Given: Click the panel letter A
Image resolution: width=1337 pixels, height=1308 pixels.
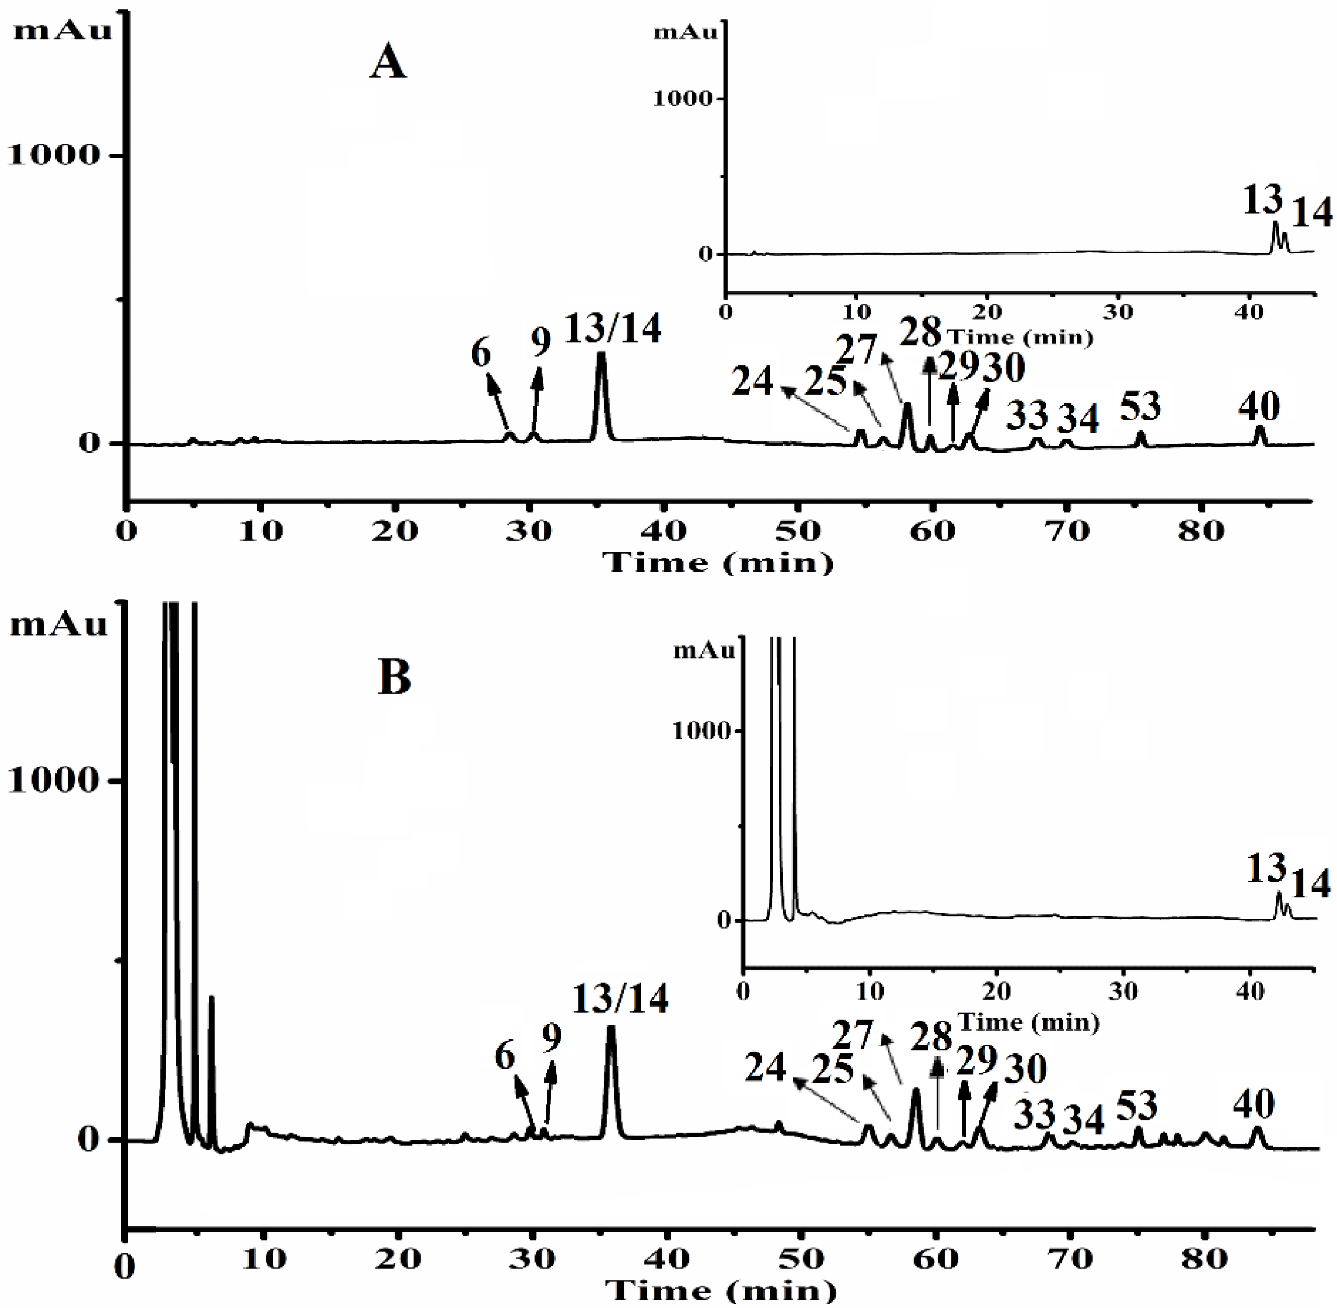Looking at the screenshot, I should [388, 64].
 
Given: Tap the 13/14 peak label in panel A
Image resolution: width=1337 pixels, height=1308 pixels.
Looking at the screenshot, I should [613, 328].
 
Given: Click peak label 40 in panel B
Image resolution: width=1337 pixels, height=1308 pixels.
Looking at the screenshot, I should [1254, 1105].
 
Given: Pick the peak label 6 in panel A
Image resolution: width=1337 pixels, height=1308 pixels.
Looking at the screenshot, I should [481, 353].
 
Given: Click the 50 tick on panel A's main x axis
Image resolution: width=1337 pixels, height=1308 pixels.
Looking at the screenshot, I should [798, 531].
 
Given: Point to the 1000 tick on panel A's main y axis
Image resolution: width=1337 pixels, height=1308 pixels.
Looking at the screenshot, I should [54, 155].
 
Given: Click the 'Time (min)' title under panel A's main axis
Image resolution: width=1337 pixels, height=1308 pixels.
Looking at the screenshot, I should [718, 563].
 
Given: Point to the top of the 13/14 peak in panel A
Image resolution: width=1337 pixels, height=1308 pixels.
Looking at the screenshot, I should [602, 354].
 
